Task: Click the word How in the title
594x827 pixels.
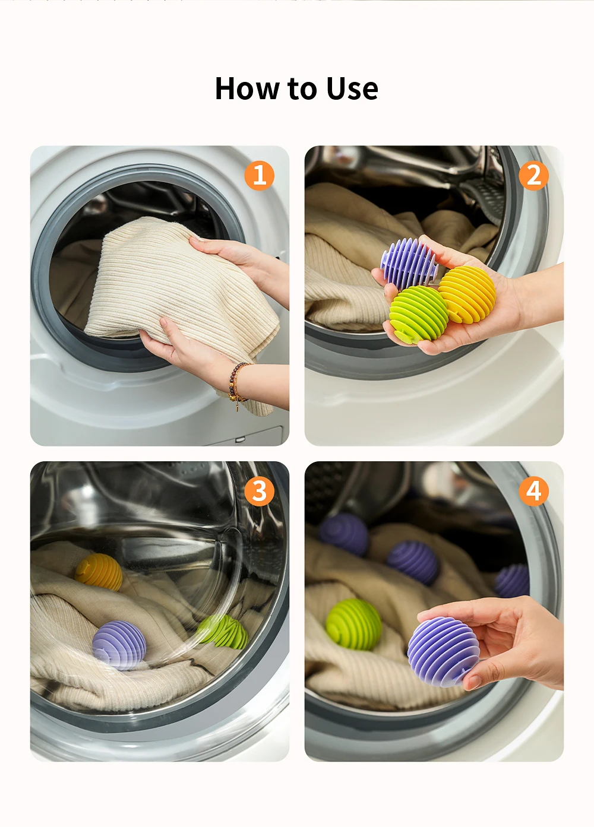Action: click(247, 88)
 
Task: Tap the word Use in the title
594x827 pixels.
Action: click(352, 88)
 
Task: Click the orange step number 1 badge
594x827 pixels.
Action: click(259, 175)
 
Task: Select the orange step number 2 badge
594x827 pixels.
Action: click(533, 175)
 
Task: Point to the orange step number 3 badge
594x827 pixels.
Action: click(259, 491)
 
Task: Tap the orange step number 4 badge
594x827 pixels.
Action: click(533, 491)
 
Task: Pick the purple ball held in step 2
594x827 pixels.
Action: click(409, 263)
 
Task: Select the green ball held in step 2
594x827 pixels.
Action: click(419, 315)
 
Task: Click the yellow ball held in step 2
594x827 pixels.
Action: click(467, 294)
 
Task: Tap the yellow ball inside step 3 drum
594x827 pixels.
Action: click(99, 572)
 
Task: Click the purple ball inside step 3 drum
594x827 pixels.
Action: click(119, 645)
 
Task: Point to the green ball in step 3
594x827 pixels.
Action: click(222, 631)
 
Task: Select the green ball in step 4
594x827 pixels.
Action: click(353, 624)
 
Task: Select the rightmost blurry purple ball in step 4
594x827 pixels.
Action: click(512, 581)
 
